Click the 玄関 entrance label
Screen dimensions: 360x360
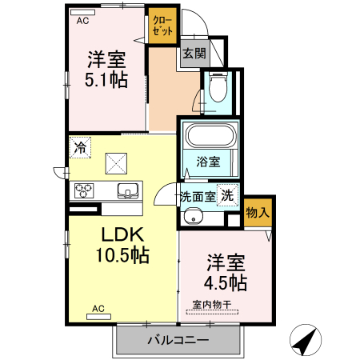point(194,54)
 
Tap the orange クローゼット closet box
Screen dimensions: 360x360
point(162,26)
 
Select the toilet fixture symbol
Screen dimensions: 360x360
point(216,89)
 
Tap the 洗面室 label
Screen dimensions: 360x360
point(197,195)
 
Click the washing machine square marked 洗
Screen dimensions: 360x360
point(228,194)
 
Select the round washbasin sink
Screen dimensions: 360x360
point(191,218)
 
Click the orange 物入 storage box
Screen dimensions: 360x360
point(258,214)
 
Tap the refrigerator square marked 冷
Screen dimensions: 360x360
point(80,147)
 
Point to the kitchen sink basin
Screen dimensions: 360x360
point(128,190)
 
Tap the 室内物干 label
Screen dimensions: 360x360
point(211,304)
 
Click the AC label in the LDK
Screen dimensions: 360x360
point(98,308)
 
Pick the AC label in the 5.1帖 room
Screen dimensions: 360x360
point(82,22)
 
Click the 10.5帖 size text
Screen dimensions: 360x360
point(122,255)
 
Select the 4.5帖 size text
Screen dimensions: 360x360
point(226,282)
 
